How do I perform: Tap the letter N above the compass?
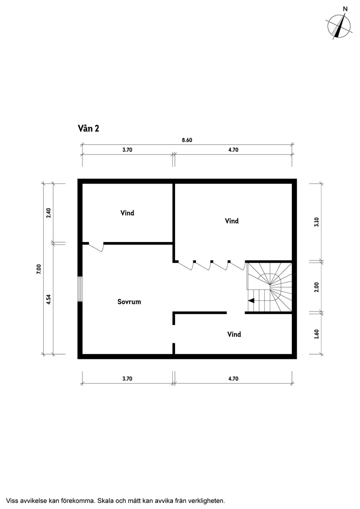pyautogui.click(x=345, y=9)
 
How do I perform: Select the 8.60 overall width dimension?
pyautogui.click(x=187, y=140)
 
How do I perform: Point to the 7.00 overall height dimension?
pyautogui.click(x=39, y=269)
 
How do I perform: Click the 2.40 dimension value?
pyautogui.click(x=49, y=213)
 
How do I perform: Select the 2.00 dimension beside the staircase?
pyautogui.click(x=317, y=287)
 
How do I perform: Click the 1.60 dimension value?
pyautogui.click(x=317, y=334)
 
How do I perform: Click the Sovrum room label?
pyautogui.click(x=129, y=301)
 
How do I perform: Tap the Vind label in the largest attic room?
pyautogui.click(x=232, y=221)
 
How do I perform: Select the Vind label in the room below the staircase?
pyautogui.click(x=234, y=335)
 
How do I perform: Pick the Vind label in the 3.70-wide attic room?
pyautogui.click(x=127, y=213)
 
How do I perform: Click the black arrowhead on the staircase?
pyautogui.click(x=251, y=300)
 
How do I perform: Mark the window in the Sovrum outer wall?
pyautogui.click(x=80, y=289)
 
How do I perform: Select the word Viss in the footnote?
pyautogui.click(x=12, y=500)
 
